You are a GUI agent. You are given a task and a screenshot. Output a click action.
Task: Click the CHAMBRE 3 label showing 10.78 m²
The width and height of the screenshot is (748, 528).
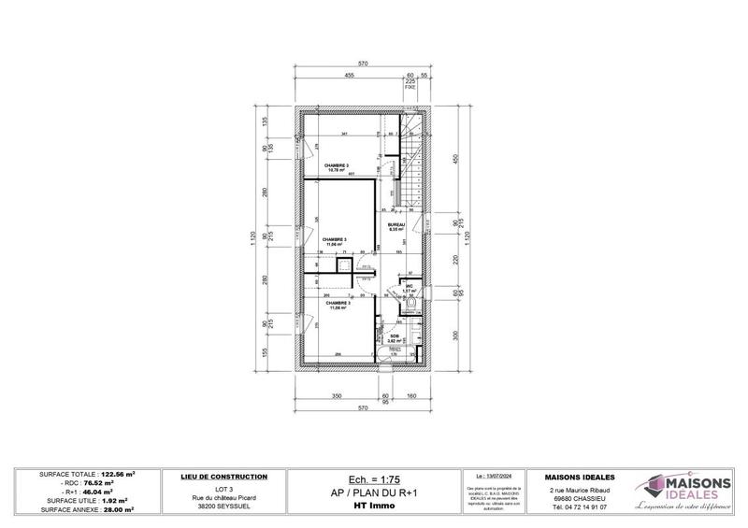(337, 167)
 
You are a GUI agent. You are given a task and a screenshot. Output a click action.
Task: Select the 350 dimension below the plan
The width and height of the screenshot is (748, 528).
(338, 397)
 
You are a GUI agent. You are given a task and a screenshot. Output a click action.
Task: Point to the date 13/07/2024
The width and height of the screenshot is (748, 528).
(494, 476)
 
